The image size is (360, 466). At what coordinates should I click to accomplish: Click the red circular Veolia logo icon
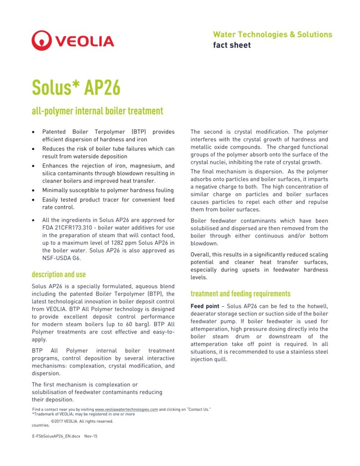42,41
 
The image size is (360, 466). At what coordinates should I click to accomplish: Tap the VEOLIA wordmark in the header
85,41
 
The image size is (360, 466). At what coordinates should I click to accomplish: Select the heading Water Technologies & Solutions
272,35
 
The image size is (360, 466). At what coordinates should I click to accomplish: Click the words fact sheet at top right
232,45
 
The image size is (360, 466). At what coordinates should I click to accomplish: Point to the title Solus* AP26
76,87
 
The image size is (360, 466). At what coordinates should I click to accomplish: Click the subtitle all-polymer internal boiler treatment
97,111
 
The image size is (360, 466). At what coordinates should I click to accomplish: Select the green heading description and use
59,274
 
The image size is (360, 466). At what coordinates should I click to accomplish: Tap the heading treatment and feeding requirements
240,294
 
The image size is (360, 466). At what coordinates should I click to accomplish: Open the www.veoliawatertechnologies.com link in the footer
126,410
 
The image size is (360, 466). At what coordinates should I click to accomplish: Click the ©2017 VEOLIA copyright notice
82,421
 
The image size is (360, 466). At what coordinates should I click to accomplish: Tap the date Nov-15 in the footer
91,436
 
